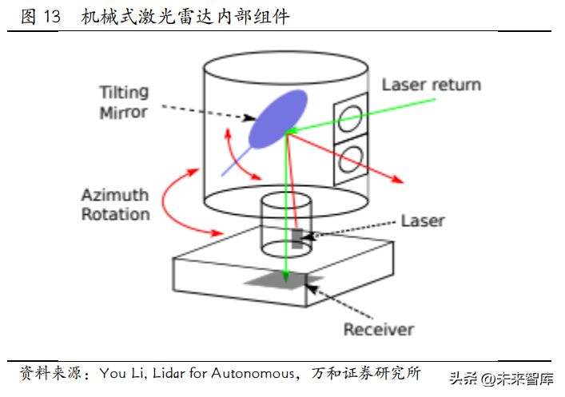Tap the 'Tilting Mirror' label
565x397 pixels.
[x=123, y=101]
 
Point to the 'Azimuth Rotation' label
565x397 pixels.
[x=115, y=204]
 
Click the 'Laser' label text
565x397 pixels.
[x=422, y=220]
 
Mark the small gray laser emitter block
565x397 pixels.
[x=297, y=239]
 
